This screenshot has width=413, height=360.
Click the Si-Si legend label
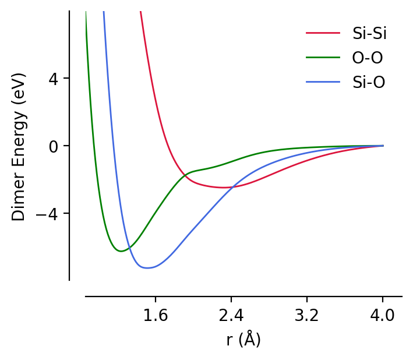(x=369, y=33)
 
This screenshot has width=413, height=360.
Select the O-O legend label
(x=368, y=58)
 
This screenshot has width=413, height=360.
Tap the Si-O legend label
(x=369, y=82)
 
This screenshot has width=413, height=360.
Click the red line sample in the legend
(x=323, y=33)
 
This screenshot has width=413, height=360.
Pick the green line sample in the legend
(x=323, y=58)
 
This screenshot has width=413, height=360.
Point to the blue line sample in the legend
(x=323, y=82)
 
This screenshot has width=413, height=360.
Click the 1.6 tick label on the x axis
(x=156, y=316)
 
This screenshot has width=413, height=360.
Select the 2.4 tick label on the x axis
(x=231, y=316)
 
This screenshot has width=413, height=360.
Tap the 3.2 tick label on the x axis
(x=307, y=316)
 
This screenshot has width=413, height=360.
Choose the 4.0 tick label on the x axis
(x=383, y=316)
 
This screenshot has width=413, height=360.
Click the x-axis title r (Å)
(x=243, y=340)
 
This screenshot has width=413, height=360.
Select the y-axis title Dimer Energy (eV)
(x=19, y=146)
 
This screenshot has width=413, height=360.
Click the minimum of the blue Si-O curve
(x=148, y=268)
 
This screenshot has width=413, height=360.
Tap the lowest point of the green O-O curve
(x=121, y=251)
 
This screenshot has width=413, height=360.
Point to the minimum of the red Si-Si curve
(x=223, y=188)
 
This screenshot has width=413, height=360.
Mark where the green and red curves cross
(x=185, y=175)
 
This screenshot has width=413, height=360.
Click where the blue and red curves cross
(x=232, y=187)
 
